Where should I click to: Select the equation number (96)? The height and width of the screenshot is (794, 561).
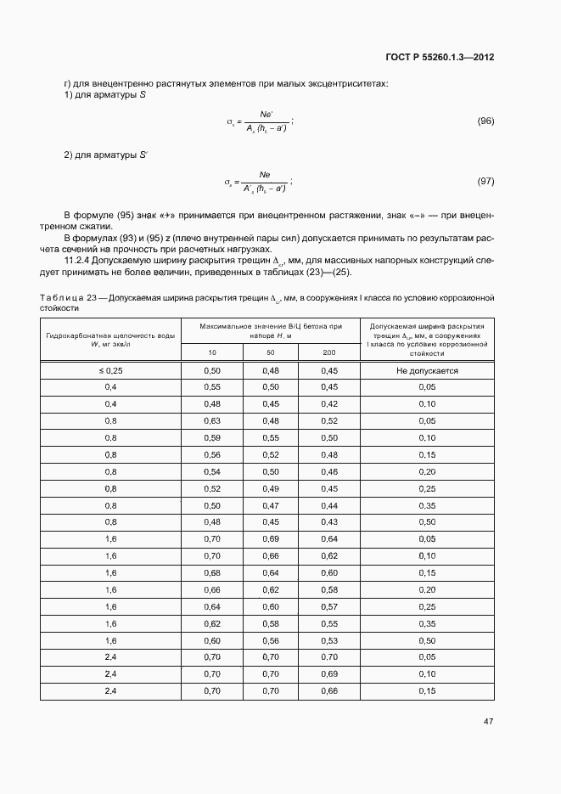485,121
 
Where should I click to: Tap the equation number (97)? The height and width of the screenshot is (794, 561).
485,182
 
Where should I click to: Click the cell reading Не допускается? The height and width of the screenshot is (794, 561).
427,371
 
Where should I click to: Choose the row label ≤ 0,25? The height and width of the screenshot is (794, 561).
110,371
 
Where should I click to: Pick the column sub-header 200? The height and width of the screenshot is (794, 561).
329,352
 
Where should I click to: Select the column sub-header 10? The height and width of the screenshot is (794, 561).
212,352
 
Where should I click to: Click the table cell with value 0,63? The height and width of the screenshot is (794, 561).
212,421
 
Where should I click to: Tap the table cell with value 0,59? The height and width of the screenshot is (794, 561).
212,438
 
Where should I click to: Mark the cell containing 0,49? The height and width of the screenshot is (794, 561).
271,488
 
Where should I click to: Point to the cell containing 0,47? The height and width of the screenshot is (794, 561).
271,505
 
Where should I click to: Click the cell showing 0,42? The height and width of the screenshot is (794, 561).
329,404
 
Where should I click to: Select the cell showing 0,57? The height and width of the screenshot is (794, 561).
329,606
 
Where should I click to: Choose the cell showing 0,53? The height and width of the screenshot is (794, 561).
329,640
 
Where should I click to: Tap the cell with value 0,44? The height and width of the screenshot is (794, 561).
329,505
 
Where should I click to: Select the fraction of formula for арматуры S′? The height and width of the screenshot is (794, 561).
264,182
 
